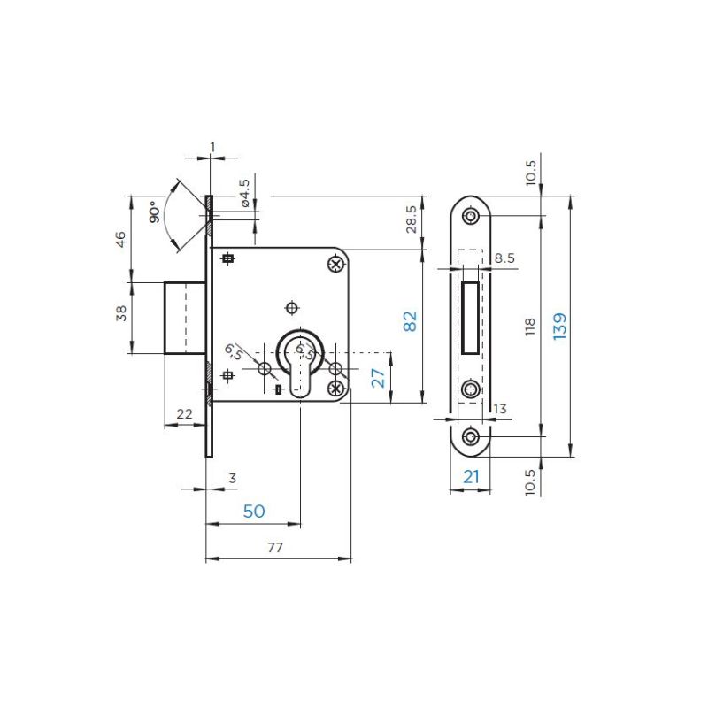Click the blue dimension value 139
(x=559, y=326)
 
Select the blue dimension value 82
(x=410, y=321)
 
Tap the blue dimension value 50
(x=254, y=512)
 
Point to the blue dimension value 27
(x=379, y=378)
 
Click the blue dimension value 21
(x=471, y=476)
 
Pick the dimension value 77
(x=275, y=547)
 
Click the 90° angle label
(x=154, y=212)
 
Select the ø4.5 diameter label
(x=244, y=193)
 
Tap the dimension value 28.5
(x=412, y=219)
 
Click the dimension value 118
(x=530, y=326)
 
